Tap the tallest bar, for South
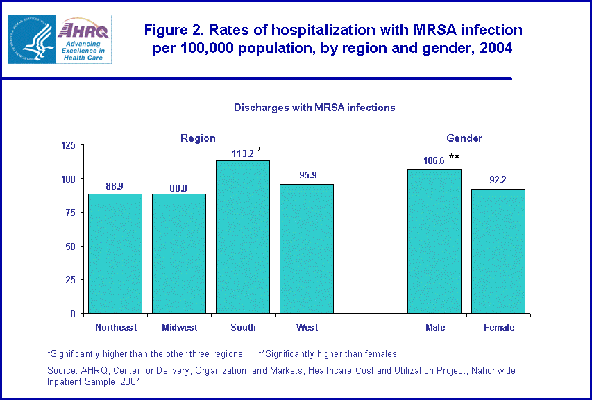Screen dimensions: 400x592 [243, 237]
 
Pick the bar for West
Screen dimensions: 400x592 [307, 249]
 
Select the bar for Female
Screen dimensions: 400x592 [498, 251]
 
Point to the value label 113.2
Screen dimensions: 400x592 [243, 154]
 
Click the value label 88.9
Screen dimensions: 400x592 [115, 186]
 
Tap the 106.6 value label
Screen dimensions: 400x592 [434, 161]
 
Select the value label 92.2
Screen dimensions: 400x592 [498, 181]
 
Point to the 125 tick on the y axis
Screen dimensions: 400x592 [68, 145]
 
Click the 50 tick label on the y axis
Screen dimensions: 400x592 [70, 247]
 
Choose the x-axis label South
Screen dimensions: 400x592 [243, 327]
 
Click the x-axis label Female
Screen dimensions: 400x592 [499, 327]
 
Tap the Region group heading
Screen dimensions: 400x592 [198, 138]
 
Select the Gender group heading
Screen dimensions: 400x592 [464, 138]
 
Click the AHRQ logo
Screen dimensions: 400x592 [60, 40]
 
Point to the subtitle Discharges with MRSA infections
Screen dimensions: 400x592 [314, 108]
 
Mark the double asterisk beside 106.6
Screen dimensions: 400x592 [454, 157]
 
